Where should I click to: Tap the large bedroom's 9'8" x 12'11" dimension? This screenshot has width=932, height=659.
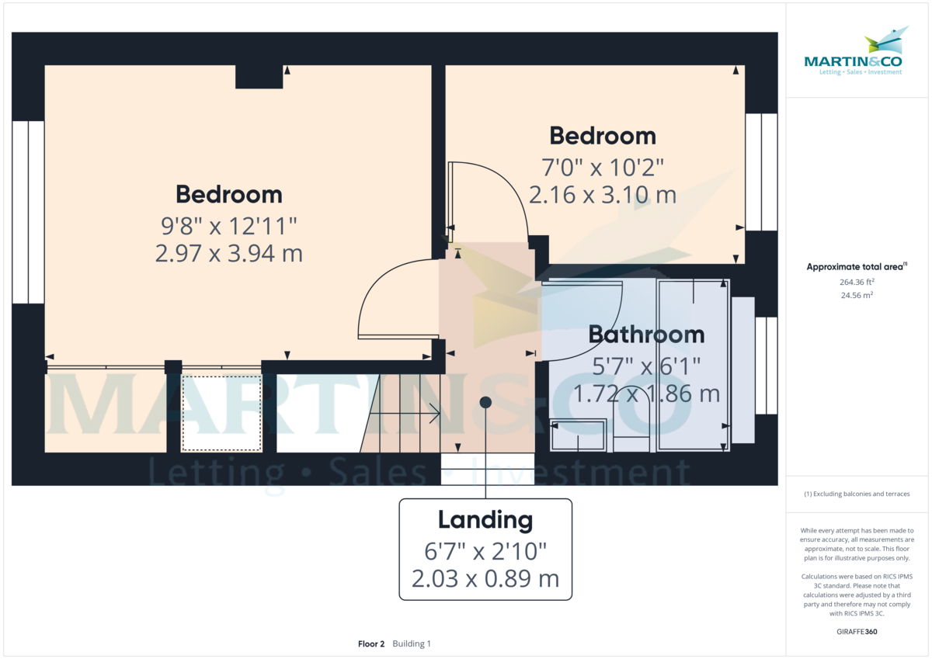(x=228, y=226)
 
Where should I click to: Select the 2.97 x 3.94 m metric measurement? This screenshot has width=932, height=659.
(x=228, y=254)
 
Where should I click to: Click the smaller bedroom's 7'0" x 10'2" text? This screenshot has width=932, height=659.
(x=602, y=167)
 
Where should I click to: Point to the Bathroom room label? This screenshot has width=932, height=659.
(x=646, y=335)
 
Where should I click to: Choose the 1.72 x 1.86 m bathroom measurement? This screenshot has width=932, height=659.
(x=646, y=394)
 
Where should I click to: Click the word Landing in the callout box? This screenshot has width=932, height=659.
(x=485, y=520)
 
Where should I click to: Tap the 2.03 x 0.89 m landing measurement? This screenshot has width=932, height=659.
(x=485, y=580)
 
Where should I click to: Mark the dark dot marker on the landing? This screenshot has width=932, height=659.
(x=485, y=401)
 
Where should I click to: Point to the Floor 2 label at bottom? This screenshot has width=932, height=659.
(x=371, y=644)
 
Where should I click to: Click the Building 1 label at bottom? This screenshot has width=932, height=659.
(x=412, y=644)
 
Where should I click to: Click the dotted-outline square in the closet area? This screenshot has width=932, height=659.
(x=221, y=413)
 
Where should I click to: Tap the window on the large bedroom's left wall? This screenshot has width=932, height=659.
(x=28, y=212)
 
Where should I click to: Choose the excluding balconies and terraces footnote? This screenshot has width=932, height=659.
(x=857, y=494)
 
